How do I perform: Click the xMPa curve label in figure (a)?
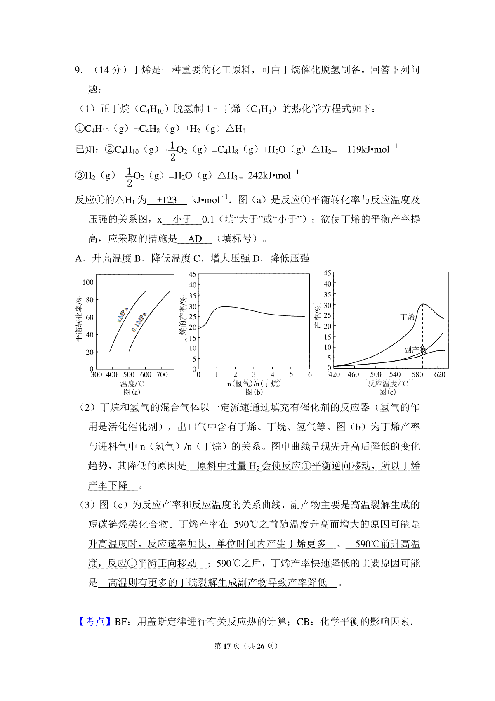pos(123,315)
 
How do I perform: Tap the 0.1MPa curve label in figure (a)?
pos(139,322)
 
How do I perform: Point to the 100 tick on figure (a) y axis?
pos(88,282)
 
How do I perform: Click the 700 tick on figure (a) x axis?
pos(162,375)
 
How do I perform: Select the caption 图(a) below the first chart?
pos(132,392)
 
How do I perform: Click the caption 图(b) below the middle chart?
pos(254,392)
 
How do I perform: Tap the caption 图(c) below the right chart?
pos(387,392)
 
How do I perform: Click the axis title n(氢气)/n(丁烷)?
pos(254,384)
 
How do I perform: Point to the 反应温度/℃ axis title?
pos(387,384)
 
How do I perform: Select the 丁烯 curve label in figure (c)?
pos(407,317)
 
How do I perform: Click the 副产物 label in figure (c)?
pos(415,350)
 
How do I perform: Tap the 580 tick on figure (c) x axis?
pos(417,375)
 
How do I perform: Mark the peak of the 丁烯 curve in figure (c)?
pos(423,304)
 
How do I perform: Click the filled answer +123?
pos(167,200)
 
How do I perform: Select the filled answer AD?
pos(195,239)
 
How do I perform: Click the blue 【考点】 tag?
pos(94,622)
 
